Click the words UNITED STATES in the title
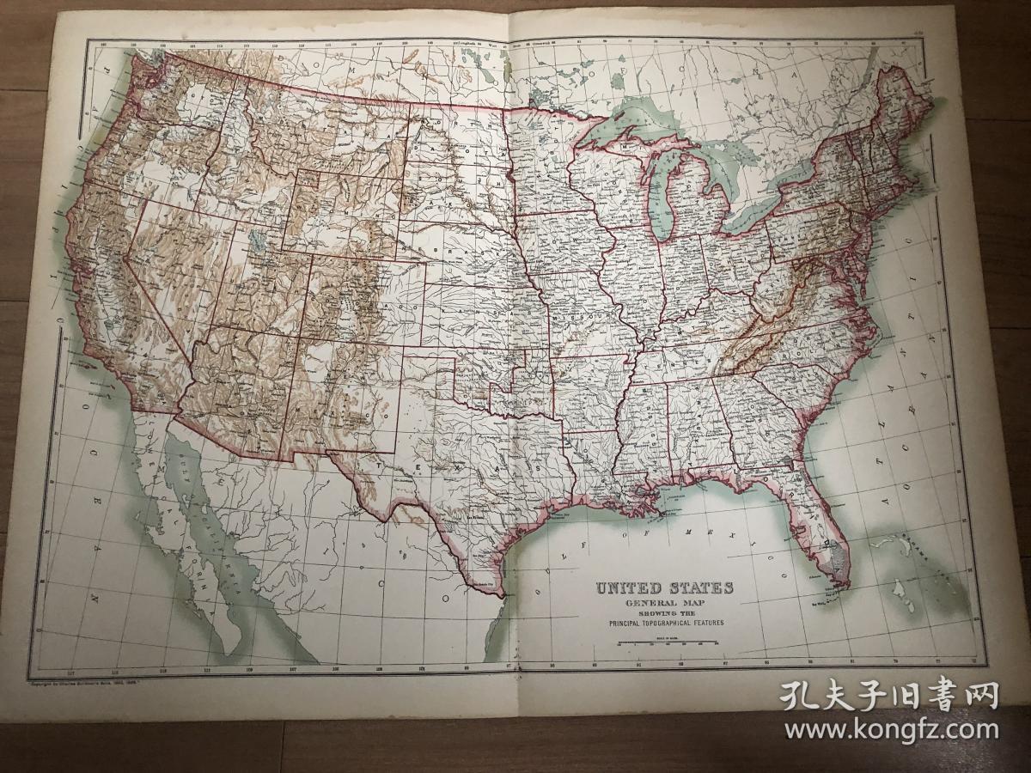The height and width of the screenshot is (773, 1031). pos(665,588)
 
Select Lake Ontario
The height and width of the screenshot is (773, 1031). pos(803,176)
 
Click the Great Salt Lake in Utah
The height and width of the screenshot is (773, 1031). pos(255,240)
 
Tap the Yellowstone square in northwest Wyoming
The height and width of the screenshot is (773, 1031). pos(308,180)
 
